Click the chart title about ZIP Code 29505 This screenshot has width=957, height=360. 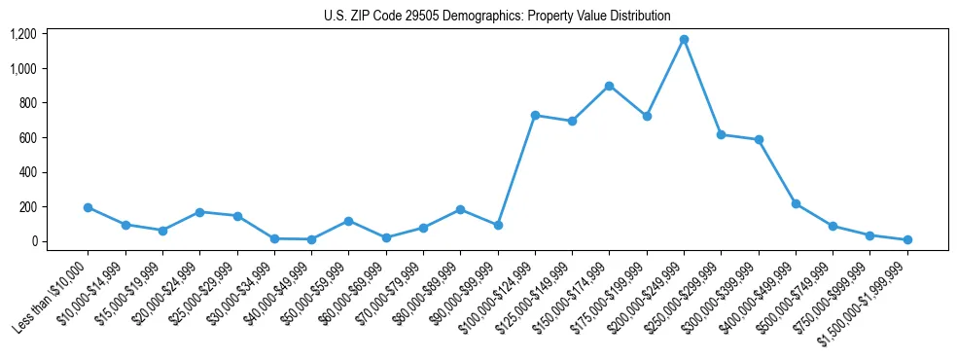coord(497,16)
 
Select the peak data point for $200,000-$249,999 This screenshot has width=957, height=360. coord(684,40)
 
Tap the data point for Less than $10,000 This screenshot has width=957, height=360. coord(88,207)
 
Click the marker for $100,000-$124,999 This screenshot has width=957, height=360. coord(535,115)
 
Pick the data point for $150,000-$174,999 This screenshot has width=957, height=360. coord(609,86)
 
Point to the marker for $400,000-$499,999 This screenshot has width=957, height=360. coord(796,203)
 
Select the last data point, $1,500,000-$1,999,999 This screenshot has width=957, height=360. coord(907,239)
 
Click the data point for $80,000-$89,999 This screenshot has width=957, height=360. coord(460,209)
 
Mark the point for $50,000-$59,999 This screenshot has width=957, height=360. coord(348,221)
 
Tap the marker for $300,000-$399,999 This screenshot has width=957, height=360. coord(759,140)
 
